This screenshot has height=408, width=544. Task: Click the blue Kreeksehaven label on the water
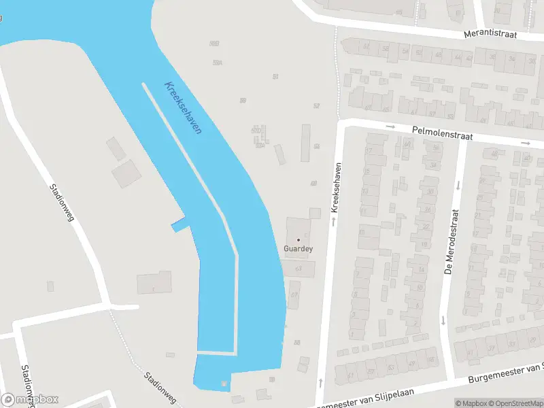click(x=183, y=107)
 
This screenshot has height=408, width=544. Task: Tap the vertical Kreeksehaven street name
click(x=335, y=187)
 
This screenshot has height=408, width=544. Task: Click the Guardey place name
click(x=298, y=250)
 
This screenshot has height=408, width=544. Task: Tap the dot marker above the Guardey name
click(x=298, y=239)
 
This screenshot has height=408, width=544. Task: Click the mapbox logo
click(x=30, y=399)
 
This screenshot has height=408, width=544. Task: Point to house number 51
click(x=275, y=76)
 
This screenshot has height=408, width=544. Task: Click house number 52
click(x=316, y=105)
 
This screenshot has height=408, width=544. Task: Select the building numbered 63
click(x=299, y=269)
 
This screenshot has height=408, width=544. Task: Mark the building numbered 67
click(x=294, y=295)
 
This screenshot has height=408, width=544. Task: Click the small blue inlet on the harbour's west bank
click(x=179, y=225)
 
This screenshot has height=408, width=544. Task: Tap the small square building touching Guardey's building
click(x=314, y=214)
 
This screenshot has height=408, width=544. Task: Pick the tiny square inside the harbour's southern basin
click(x=224, y=385)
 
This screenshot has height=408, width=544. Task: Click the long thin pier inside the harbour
click(x=190, y=170)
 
